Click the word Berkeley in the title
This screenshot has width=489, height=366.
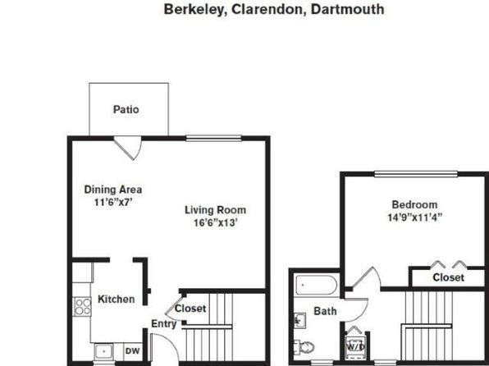tap(194, 9)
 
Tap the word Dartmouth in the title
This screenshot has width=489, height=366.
tap(347, 9)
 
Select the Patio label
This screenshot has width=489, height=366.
tap(126, 109)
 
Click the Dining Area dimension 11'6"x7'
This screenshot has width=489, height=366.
tap(113, 202)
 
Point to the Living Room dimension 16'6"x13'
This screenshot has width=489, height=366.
tap(216, 222)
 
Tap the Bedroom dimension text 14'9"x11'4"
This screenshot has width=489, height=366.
tap(414, 217)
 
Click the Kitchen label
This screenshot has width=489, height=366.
tap(117, 300)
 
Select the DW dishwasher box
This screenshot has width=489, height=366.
tap(133, 351)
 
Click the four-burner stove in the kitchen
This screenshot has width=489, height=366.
tap(82, 307)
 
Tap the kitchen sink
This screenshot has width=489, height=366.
tap(103, 352)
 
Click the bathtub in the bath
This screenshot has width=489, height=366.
tap(316, 285)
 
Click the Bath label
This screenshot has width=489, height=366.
tap(325, 311)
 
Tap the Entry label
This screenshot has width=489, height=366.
tap(164, 324)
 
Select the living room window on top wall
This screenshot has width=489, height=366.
tap(213, 138)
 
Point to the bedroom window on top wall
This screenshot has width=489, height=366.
tap(416, 174)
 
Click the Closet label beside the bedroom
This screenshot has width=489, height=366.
tap(448, 277)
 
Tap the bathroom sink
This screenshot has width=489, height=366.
tap(299, 321)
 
